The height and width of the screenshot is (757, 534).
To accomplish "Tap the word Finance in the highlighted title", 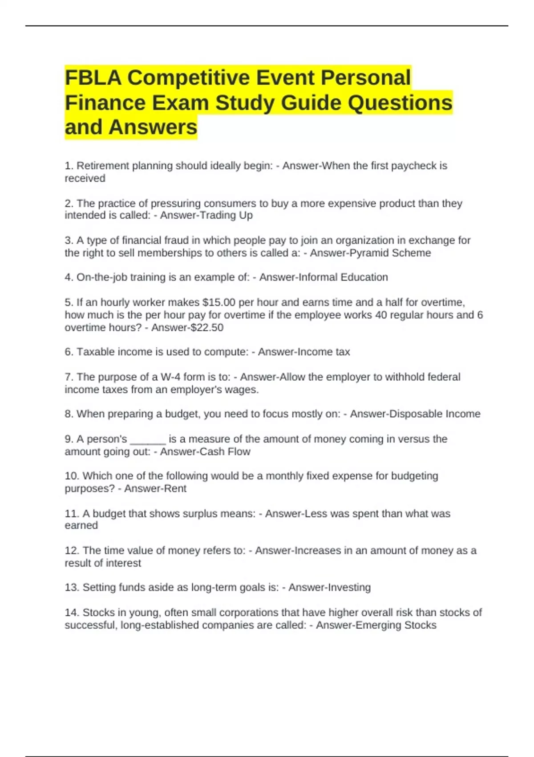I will click(x=105, y=103).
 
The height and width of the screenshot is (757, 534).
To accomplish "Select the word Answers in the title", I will click(x=153, y=127).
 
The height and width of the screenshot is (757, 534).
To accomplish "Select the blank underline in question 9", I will click(x=148, y=440).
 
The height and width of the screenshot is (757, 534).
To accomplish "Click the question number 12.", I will click(x=72, y=551).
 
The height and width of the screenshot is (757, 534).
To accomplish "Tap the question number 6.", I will click(x=69, y=352).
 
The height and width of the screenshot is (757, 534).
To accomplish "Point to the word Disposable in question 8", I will click(x=416, y=414).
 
